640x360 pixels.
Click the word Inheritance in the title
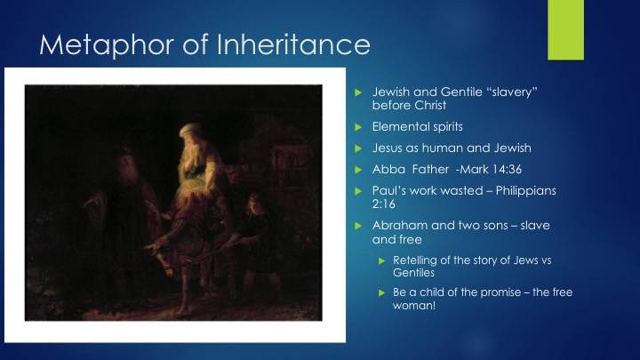coord(293,44)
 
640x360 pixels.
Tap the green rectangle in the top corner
coord(565,30)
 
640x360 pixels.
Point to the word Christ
coord(428,105)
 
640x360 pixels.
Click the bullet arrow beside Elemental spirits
coord(358,127)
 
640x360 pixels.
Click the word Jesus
coord(387,148)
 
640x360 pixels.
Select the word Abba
coord(388,170)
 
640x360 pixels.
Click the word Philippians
coord(525,191)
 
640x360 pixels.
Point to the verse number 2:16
coord(384,204)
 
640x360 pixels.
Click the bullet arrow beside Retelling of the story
coord(382,260)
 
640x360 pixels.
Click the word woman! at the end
coord(414,306)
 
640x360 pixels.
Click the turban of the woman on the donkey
coord(190,131)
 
